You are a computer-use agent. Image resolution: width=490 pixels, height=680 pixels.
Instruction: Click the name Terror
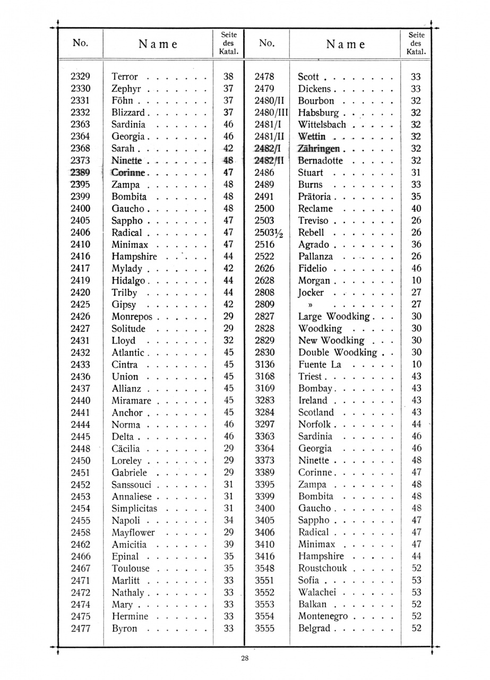125,76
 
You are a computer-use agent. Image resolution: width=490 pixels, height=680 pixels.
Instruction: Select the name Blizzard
128,113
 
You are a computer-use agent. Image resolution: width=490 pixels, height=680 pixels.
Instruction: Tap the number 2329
80,76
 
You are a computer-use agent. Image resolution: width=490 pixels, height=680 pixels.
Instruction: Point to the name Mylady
127,269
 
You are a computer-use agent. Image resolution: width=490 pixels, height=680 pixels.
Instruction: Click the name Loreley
127,461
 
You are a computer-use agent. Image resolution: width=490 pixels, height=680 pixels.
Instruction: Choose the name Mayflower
133,532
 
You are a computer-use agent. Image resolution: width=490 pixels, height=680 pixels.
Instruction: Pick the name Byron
124,628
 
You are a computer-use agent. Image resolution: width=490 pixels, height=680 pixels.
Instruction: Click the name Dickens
314,89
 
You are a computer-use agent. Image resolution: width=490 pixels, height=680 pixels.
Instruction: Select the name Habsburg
318,113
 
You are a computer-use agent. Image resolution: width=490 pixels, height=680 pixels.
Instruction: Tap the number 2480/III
271,113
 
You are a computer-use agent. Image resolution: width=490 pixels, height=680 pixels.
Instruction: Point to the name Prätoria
314,197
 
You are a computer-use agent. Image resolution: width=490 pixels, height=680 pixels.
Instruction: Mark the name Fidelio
313,269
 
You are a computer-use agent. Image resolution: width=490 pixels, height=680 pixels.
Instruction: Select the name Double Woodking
338,353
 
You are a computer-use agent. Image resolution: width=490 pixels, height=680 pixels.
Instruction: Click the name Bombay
315,389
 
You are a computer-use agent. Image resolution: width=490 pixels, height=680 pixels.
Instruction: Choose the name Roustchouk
322,568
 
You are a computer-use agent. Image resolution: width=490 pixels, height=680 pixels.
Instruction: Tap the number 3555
264,628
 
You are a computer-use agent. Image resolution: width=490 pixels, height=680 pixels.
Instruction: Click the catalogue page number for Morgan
416,280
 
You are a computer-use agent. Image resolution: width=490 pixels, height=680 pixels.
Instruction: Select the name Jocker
311,293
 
